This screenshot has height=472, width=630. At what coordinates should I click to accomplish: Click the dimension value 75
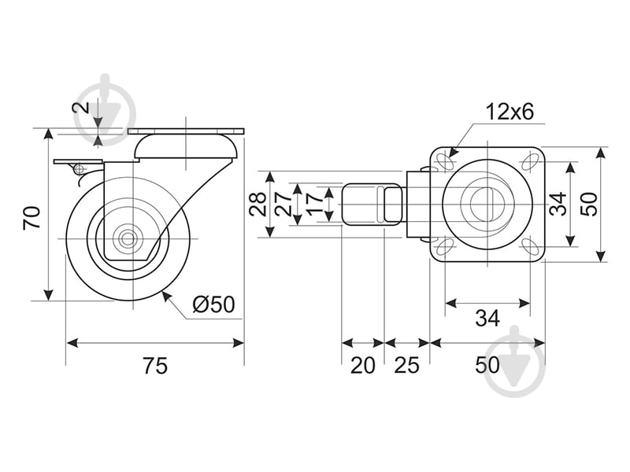pyautogui.click(x=155, y=366)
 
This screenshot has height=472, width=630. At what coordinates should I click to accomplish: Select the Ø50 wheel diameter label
pyautogui.click(x=213, y=304)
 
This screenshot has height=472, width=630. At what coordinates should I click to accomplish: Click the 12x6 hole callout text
pyautogui.click(x=510, y=112)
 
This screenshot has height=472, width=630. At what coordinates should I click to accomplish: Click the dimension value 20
pyautogui.click(x=362, y=366)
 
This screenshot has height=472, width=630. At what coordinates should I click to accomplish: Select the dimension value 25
pyautogui.click(x=406, y=366)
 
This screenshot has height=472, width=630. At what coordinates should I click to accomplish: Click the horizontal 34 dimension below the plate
pyautogui.click(x=487, y=318)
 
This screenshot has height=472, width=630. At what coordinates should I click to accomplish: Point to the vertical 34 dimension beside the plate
pyautogui.click(x=558, y=204)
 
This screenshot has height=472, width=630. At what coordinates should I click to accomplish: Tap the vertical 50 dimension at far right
pyautogui.click(x=590, y=204)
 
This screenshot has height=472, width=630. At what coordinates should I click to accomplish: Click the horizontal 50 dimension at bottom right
pyautogui.click(x=487, y=366)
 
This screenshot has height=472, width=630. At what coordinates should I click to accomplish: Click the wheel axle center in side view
pyautogui.click(x=127, y=238)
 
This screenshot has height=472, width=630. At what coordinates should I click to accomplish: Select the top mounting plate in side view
pyautogui.click(x=187, y=131)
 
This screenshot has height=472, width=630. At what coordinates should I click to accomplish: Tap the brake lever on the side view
pyautogui.click(x=71, y=163)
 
